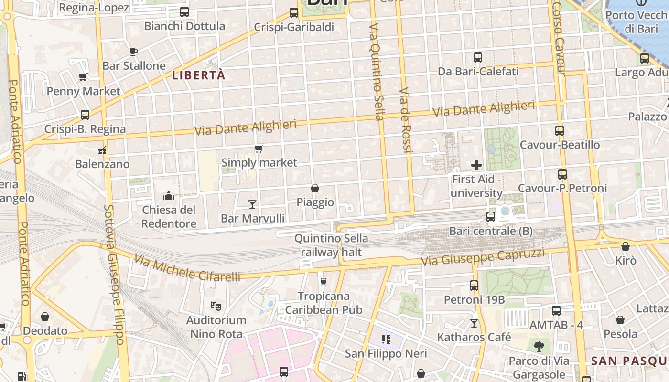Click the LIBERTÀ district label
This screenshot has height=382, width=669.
(x=198, y=75)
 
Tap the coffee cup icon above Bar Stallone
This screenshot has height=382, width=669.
(x=133, y=52)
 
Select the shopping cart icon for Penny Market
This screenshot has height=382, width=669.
(x=83, y=77)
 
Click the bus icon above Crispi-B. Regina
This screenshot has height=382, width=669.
(x=85, y=115)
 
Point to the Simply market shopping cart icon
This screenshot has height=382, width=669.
(x=259, y=149)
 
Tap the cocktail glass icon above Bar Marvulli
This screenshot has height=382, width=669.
(x=252, y=204)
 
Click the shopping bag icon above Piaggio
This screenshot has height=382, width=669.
(x=315, y=188)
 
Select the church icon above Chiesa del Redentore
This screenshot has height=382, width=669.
(x=169, y=196)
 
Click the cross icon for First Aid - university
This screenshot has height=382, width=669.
(x=476, y=165)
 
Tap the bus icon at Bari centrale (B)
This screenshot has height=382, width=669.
(x=491, y=217)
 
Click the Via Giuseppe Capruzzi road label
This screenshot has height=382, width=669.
(x=483, y=257)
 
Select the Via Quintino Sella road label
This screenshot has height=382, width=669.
(x=376, y=72)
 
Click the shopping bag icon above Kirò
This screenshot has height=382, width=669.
(x=626, y=246)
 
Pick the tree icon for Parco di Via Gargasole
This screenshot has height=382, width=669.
(x=539, y=346)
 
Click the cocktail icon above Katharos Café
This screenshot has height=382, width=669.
(x=474, y=323)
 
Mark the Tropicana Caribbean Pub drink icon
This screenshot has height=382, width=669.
(x=324, y=282)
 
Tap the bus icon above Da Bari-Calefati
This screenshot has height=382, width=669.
(x=478, y=57)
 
